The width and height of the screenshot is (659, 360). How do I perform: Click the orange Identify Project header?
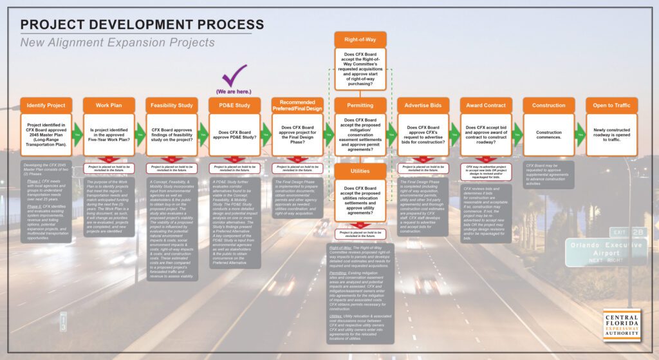click(x=46, y=105)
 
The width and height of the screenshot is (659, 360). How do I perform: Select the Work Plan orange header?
click(x=109, y=105)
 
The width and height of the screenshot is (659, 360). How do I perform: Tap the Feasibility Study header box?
click(x=172, y=105)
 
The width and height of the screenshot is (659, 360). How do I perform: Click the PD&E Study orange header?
click(x=234, y=105)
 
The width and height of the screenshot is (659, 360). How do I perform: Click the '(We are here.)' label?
click(x=234, y=91)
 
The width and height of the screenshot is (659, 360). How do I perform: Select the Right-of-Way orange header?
click(x=360, y=39)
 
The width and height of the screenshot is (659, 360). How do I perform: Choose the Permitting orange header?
click(x=360, y=105)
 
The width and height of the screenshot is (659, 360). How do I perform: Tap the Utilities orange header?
click(x=360, y=171)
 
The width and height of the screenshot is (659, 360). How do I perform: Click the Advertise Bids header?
click(x=423, y=105)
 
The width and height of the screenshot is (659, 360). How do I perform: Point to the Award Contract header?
click(x=486, y=105)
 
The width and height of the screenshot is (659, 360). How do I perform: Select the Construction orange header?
click(x=549, y=105)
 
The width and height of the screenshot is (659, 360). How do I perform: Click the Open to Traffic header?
click(x=611, y=105)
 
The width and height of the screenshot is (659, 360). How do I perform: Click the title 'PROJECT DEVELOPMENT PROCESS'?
click(x=142, y=25)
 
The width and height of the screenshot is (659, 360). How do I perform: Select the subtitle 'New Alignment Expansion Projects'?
click(x=117, y=43)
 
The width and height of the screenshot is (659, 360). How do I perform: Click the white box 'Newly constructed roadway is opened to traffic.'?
click(x=611, y=134)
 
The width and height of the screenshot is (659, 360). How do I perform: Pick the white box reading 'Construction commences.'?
click(x=549, y=134)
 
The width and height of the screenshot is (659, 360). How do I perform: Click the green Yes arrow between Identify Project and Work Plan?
click(x=77, y=134)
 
